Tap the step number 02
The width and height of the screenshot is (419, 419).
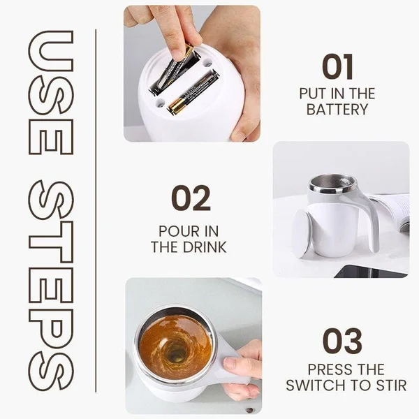(x=191, y=199)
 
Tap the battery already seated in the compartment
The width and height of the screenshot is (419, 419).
(x=193, y=92)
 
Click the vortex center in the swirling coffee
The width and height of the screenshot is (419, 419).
(x=176, y=350)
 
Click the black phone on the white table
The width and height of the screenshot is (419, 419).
(x=370, y=271)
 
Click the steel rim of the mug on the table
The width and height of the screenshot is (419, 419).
(x=332, y=184)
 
